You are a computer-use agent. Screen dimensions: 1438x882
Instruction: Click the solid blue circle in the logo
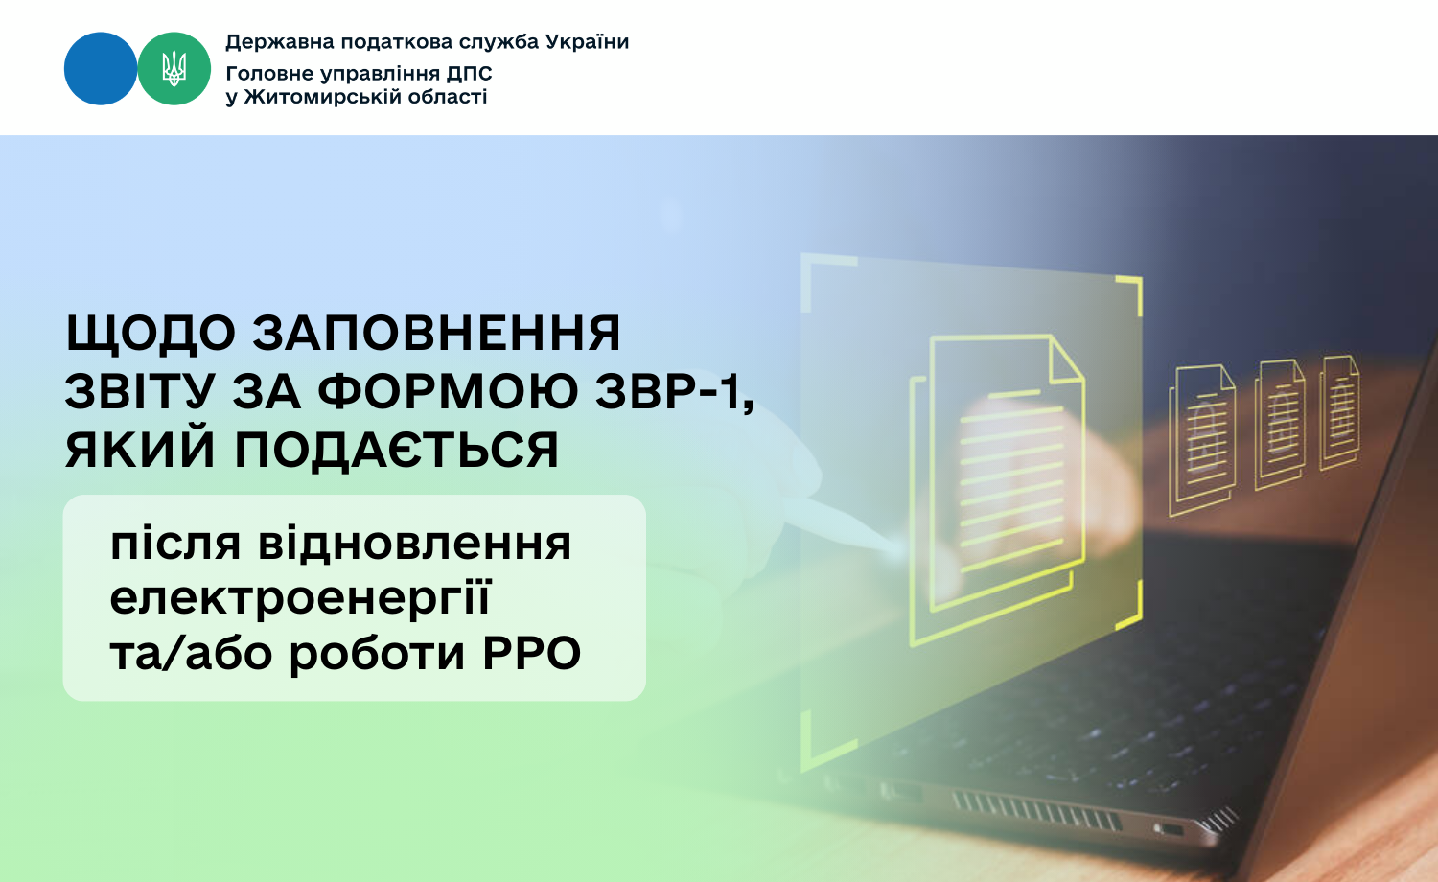[100, 69]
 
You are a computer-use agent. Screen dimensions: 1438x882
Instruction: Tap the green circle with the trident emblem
[174, 69]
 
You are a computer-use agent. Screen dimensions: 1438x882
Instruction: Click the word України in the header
[587, 42]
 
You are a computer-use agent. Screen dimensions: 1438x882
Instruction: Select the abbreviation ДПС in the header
[470, 73]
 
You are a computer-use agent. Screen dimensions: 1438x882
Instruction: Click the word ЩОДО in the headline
[151, 334]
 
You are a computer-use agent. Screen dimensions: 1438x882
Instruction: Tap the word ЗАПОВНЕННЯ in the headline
[436, 333]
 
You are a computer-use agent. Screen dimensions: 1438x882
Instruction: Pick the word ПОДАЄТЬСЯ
[397, 450]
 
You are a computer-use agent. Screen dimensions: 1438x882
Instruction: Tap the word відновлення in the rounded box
[414, 544]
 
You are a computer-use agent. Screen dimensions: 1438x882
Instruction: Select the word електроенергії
[300, 598]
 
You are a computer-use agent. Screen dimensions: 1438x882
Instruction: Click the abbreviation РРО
[531, 654]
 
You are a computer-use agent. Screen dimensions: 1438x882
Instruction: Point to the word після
[175, 544]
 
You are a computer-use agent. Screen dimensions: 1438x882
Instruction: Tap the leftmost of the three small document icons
[1202, 440]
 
